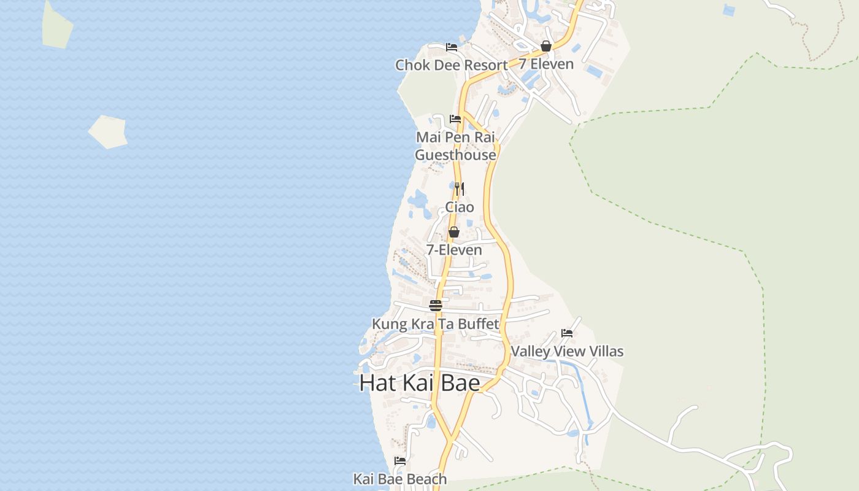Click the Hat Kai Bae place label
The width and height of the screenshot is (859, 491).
click(420, 383)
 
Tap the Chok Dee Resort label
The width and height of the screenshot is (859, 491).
click(451, 65)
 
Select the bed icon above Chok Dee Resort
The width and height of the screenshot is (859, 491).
click(452, 47)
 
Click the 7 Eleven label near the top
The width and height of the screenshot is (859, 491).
click(546, 64)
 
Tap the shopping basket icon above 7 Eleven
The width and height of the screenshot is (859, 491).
click(546, 46)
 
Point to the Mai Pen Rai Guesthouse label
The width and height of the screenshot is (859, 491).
click(455, 146)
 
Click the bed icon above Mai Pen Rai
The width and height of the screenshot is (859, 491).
click(455, 118)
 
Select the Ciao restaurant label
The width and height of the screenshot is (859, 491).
click(460, 207)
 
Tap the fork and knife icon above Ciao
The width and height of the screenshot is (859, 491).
click(460, 188)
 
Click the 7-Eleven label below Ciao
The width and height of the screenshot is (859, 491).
click(454, 250)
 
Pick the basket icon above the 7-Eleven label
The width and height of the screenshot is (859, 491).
click(454, 232)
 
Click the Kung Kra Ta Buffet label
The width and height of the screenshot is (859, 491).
click(436, 323)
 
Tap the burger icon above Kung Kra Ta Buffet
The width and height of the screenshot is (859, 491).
click(436, 305)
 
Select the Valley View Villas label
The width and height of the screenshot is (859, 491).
click(567, 351)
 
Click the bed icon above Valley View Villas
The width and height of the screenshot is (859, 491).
click(567, 333)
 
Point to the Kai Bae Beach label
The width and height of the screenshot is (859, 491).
click(400, 479)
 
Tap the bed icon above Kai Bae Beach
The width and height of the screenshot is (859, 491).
click(400, 460)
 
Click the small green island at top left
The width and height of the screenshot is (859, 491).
click(57, 25)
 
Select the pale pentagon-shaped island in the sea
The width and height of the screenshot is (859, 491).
click(108, 131)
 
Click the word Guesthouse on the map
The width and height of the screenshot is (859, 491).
click(455, 155)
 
